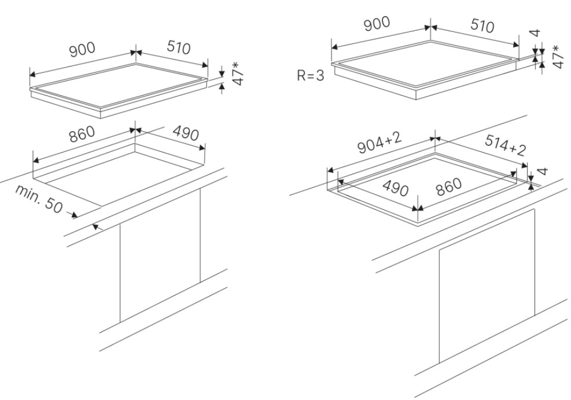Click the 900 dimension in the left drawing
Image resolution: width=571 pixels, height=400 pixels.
click(x=82, y=51)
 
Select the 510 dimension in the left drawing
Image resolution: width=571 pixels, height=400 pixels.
click(x=179, y=48)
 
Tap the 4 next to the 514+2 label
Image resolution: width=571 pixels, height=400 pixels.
click(x=543, y=171)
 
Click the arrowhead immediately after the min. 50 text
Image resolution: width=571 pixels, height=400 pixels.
click(x=74, y=215)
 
